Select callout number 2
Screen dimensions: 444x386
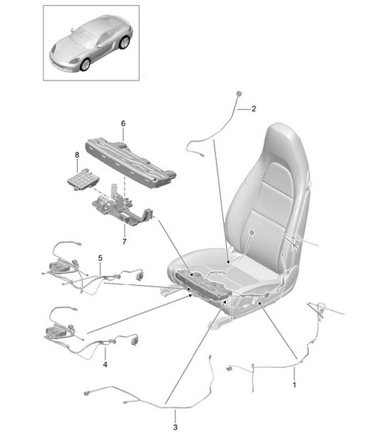[253, 110]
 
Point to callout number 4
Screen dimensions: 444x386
[104, 365]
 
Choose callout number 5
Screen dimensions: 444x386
[101, 258]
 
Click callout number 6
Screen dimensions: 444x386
[123, 124]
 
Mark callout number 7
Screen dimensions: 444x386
[124, 241]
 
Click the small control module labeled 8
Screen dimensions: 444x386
[83, 179]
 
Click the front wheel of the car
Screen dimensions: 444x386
[86, 64]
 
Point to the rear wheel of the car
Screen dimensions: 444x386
[125, 44]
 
